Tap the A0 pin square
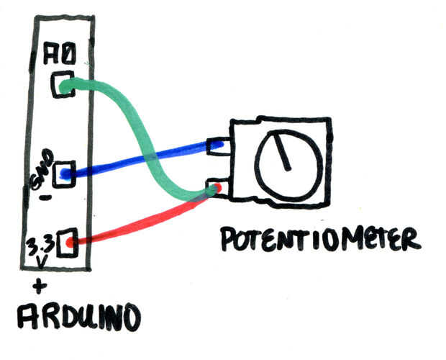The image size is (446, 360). coord(63,84)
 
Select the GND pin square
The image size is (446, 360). coord(64,174)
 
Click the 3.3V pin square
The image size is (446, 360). coord(67,243)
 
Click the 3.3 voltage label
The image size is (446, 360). coord(40,246)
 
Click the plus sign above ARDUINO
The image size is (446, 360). coord(40,286)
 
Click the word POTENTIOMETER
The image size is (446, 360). coord(321,239)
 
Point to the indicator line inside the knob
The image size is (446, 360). coord(283,152)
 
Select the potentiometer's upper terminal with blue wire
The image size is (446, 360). coord(219,146)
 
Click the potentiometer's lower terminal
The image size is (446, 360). coord(218,188)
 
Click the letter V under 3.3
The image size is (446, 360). coord(41,262)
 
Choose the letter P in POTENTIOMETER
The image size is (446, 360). coord(229,239)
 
